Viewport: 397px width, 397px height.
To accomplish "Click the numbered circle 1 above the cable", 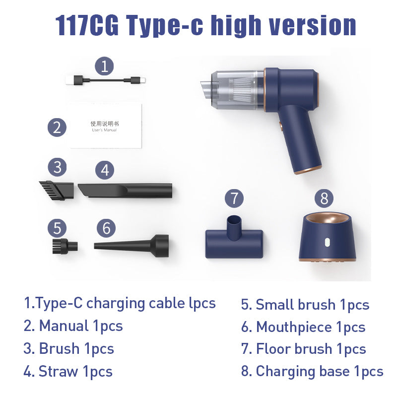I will (104, 66).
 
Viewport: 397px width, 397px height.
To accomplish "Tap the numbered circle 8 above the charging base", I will (324, 198).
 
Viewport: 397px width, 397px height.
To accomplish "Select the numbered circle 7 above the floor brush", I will (234, 198).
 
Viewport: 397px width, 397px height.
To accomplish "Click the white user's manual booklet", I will (106, 126).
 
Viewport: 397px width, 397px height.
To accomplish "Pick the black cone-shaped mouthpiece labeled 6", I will (132, 244).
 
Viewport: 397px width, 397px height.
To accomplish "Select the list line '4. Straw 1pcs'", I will (68, 371).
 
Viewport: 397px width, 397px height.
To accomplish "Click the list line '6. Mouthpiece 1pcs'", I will (303, 327).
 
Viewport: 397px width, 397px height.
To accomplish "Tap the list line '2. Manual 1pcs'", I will (73, 326).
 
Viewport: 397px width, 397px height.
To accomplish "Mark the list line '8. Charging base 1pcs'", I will (312, 371).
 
